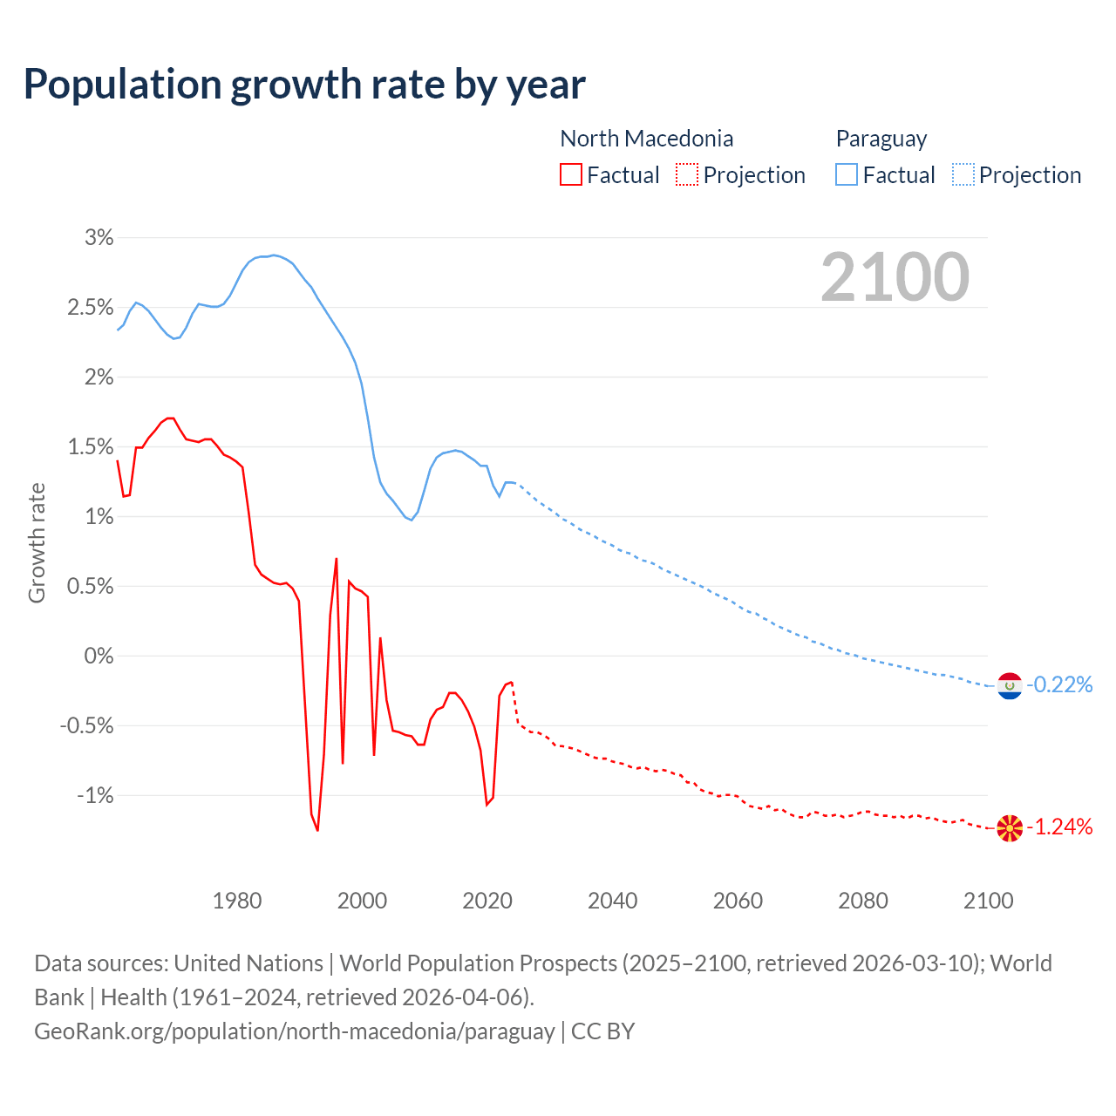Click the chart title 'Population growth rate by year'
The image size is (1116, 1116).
pos(304,85)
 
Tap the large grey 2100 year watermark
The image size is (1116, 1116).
pos(895,277)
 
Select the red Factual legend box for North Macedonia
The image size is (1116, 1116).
pos(570,174)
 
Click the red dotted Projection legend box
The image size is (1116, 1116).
pos(687,174)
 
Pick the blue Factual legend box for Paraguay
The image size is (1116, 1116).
pos(846,174)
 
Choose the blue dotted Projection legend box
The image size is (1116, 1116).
pos(963,174)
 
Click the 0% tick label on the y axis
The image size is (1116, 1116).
pos(99,656)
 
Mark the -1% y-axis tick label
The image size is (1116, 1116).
pos(95,795)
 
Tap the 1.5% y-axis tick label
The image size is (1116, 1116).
pos(91,446)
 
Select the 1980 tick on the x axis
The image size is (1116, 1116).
pos(237,901)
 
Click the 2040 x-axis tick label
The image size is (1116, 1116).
pos(613,901)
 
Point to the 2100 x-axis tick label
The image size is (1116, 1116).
pos(988,901)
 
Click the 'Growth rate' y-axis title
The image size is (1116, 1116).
pos(37,542)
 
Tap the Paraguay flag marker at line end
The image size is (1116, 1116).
pos(1010,686)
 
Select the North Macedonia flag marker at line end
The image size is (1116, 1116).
pos(1010,827)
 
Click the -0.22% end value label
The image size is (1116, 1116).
pos(1059,685)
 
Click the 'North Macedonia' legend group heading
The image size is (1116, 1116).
pos(646,139)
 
